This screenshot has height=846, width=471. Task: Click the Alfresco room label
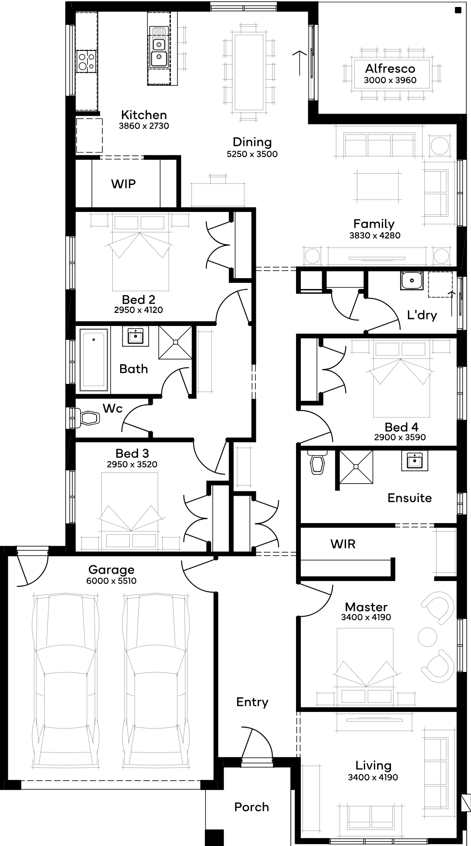coord(390,68)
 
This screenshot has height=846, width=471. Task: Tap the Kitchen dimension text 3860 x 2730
coord(144,126)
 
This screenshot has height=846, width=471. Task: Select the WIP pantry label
coord(123,184)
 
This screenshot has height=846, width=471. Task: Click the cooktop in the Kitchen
coord(86,61)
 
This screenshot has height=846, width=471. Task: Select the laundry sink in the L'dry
coord(412,281)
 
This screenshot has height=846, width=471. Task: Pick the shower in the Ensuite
coord(356,467)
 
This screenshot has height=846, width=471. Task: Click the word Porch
coord(252,807)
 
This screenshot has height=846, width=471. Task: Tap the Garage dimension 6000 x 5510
coord(111,581)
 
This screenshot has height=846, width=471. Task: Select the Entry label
coord(252,702)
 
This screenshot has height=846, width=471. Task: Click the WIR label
coord(343,544)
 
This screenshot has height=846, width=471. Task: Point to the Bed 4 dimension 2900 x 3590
coord(400,437)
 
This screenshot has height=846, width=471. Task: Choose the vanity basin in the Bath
coord(136,336)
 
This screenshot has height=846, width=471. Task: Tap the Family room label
coord(374,224)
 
